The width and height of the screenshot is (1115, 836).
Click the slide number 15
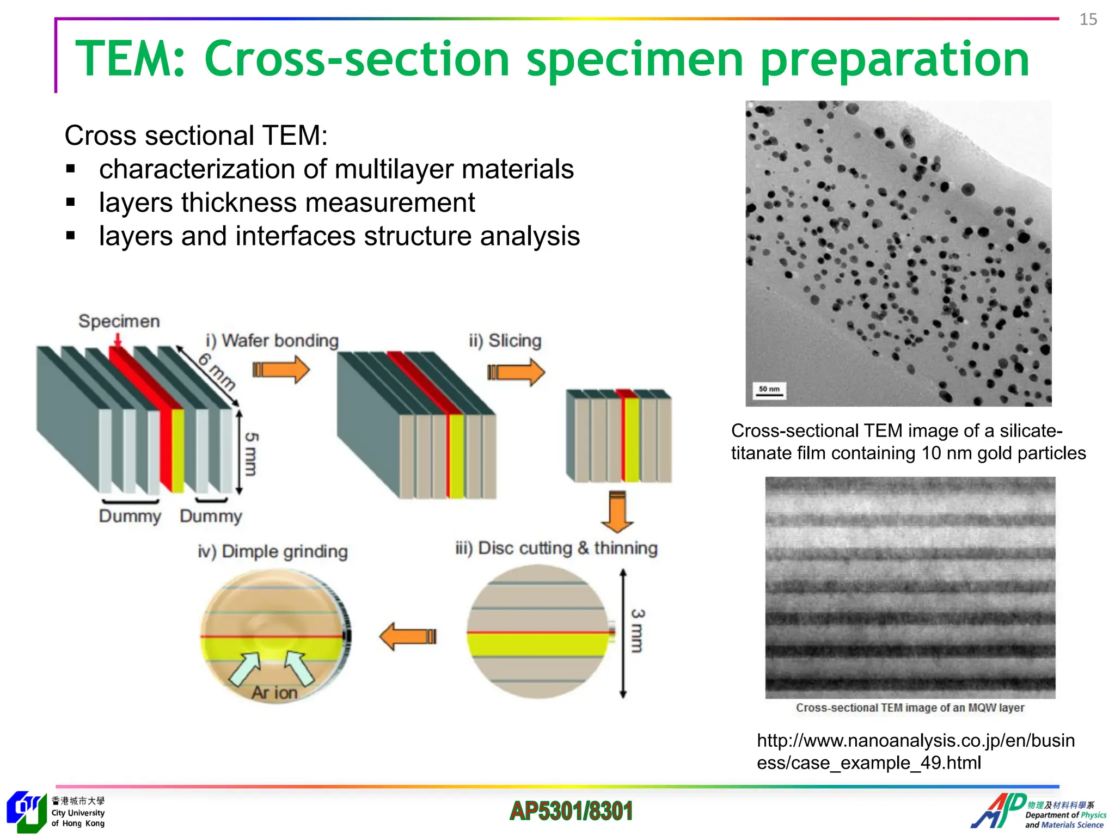pyautogui.click(x=1088, y=20)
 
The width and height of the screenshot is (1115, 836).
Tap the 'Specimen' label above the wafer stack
pyautogui.click(x=119, y=321)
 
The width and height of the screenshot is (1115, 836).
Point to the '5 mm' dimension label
pyautogui.click(x=251, y=454)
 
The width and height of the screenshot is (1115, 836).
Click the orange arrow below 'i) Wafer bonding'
pyautogui.click(x=281, y=370)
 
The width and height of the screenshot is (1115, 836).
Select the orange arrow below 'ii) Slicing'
pyautogui.click(x=516, y=372)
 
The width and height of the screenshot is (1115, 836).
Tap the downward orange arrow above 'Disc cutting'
pyautogui.click(x=617, y=512)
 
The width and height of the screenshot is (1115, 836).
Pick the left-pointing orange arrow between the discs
pyautogui.click(x=408, y=636)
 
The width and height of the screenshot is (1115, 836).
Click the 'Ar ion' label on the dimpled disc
pyautogui.click(x=274, y=692)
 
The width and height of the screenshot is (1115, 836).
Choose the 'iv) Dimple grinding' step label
pyautogui.click(x=273, y=551)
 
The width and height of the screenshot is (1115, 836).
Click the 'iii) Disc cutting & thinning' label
pyautogui.click(x=556, y=548)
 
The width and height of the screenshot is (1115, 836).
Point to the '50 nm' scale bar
pyautogui.click(x=769, y=391)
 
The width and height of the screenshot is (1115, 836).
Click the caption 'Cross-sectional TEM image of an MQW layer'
pyautogui.click(x=910, y=708)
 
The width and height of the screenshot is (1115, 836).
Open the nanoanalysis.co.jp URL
pyautogui.click(x=916, y=752)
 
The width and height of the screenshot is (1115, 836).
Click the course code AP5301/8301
pyautogui.click(x=571, y=811)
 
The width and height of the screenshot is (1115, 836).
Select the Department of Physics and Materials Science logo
pyautogui.click(x=1038, y=812)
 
